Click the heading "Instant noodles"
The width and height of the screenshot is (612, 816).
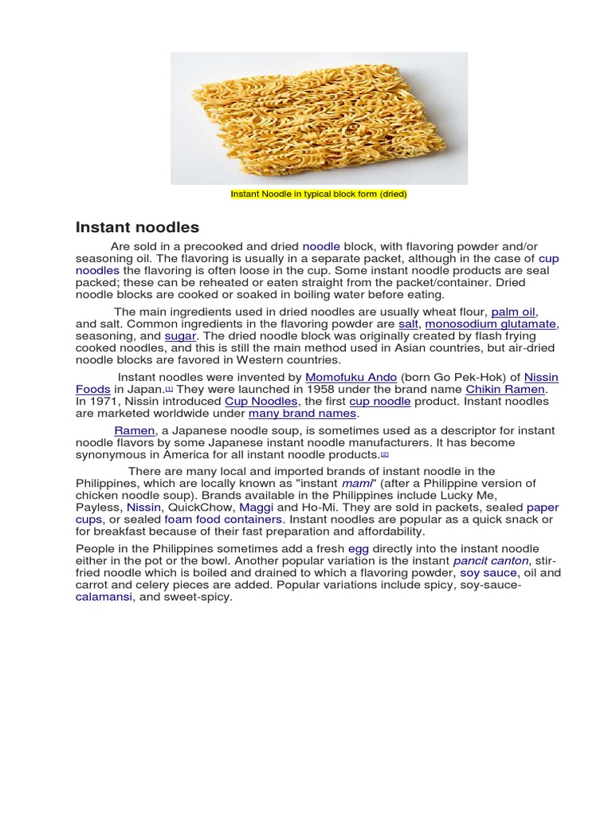point(137,228)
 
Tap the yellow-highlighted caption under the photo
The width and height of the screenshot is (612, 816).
point(319,194)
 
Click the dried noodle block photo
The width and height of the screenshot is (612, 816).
point(319,118)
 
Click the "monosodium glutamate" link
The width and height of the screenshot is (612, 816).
point(490,324)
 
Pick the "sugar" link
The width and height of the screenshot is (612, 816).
point(180,336)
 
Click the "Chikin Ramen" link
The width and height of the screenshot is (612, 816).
point(505,389)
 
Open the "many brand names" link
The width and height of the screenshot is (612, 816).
point(303,414)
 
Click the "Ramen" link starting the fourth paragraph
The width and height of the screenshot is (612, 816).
point(134,430)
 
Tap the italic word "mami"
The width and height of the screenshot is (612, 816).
point(356,484)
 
